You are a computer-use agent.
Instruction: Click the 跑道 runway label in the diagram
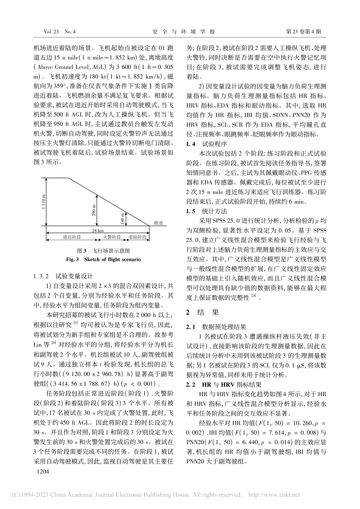point(154,223)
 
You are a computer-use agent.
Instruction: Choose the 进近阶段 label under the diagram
point(72,237)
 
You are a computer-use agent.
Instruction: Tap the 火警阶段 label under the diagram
point(112,237)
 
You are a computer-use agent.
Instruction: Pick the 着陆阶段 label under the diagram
point(138,237)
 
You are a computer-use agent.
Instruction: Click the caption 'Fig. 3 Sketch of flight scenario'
point(103,260)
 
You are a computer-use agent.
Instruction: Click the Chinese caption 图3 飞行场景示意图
point(103,251)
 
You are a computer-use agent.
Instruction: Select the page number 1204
point(42,472)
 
